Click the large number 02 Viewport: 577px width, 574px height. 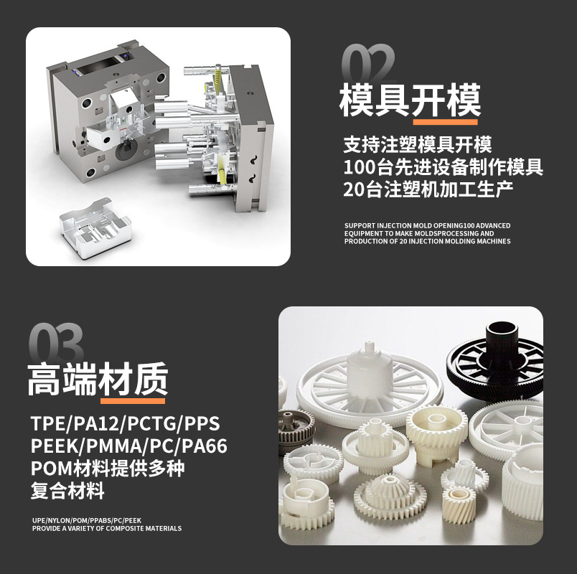tap(368, 62)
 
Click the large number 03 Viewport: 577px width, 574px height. tap(56, 342)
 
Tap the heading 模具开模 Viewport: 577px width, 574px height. tap(410, 100)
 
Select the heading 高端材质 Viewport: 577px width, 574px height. tap(98, 379)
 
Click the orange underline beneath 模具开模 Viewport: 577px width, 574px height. tap(445, 122)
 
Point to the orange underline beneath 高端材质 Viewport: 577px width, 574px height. tap(133, 400)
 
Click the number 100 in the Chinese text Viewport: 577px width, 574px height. tap(360, 167)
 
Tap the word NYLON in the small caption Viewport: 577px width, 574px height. tap(60, 521)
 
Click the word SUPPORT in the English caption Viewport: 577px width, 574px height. tap(360, 225)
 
